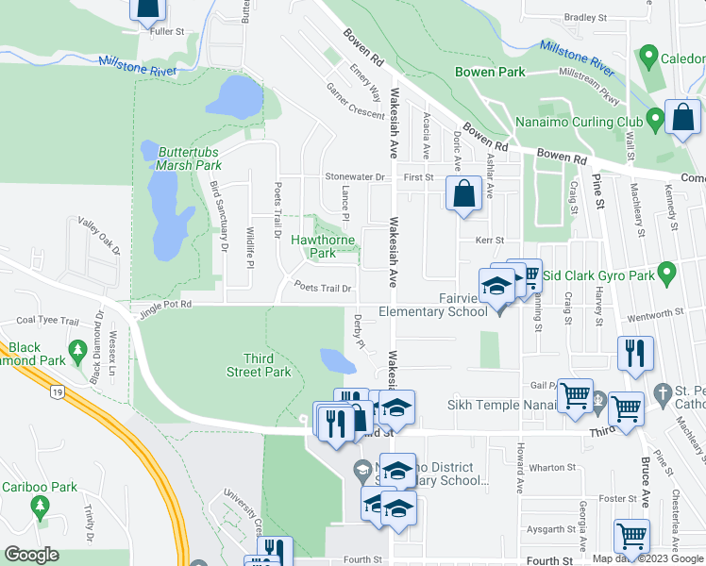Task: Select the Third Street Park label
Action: click(x=267, y=365)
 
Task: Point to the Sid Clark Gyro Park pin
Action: click(x=667, y=275)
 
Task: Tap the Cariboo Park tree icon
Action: click(x=40, y=508)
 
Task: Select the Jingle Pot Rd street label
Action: click(x=164, y=305)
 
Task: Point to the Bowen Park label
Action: click(x=489, y=72)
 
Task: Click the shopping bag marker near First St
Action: click(x=462, y=195)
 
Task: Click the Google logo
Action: click(x=31, y=555)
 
